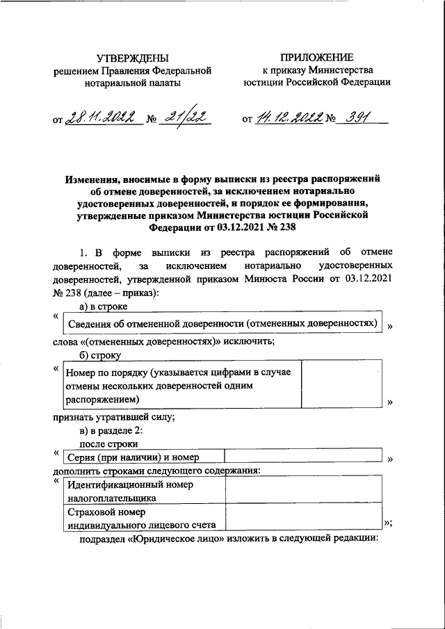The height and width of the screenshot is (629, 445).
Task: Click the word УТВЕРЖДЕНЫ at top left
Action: pos(131,58)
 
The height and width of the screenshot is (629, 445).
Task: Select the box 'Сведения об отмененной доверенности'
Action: pos(222,325)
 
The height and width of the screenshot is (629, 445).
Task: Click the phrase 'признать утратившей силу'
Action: pos(113,418)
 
